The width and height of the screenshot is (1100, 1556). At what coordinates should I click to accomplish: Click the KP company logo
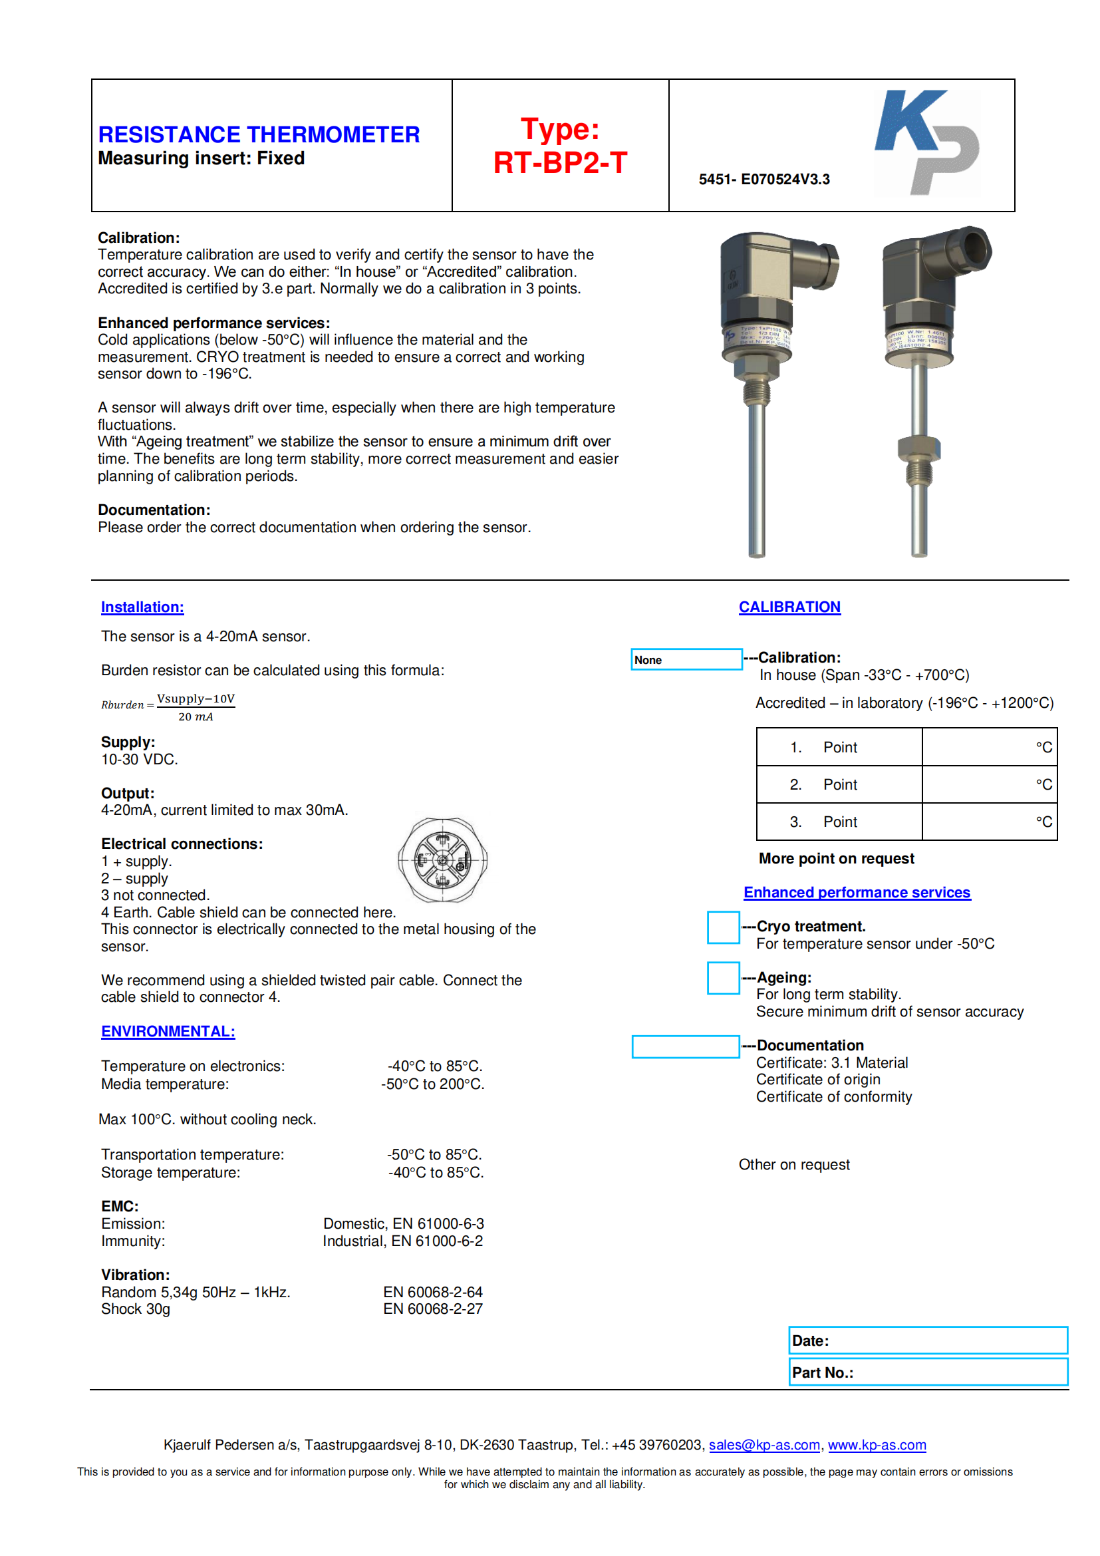pyautogui.click(x=926, y=143)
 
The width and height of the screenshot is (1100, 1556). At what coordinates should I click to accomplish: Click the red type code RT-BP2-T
pyautogui.click(x=560, y=162)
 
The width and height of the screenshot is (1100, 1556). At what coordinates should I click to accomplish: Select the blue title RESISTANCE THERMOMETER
pyautogui.click(x=259, y=134)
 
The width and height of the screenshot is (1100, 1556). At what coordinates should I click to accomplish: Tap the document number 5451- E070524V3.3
pyautogui.click(x=764, y=180)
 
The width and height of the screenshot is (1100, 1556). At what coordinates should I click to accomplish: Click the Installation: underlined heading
pyautogui.click(x=142, y=607)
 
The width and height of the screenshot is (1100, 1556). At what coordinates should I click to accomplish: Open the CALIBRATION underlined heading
pyautogui.click(x=789, y=607)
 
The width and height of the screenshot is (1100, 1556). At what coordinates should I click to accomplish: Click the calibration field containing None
pyautogui.click(x=686, y=659)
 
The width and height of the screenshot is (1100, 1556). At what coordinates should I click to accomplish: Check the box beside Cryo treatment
pyautogui.click(x=723, y=927)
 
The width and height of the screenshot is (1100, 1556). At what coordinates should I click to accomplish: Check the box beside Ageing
pyautogui.click(x=723, y=978)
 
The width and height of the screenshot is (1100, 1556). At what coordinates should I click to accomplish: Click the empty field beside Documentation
pyautogui.click(x=685, y=1046)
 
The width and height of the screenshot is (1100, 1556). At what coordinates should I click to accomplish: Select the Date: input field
pyautogui.click(x=928, y=1340)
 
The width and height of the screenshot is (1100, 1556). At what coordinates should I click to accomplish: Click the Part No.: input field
pyautogui.click(x=928, y=1372)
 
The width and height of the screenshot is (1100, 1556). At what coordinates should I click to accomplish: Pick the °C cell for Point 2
pyautogui.click(x=989, y=785)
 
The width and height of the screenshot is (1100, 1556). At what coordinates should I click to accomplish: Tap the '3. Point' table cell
pyautogui.click(x=839, y=822)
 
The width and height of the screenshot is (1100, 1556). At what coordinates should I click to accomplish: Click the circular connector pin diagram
pyautogui.click(x=442, y=860)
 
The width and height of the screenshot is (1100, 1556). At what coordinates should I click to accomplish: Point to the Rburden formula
pyautogui.click(x=168, y=707)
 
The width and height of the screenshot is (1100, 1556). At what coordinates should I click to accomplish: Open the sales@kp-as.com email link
pyautogui.click(x=764, y=1445)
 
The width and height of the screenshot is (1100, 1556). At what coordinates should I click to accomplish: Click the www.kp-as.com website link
pyautogui.click(x=877, y=1445)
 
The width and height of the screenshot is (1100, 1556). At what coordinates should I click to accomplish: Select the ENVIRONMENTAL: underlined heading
pyautogui.click(x=168, y=1032)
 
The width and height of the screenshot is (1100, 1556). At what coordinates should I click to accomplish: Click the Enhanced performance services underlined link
pyautogui.click(x=857, y=893)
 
